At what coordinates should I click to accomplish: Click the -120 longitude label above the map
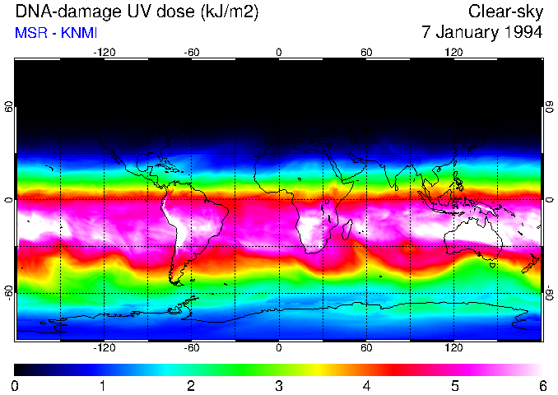click(104, 52)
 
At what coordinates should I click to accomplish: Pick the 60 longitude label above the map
click(366, 52)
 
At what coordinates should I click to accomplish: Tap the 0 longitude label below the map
click(279, 348)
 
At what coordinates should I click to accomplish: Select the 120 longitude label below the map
click(453, 348)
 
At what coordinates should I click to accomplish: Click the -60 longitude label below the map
click(192, 348)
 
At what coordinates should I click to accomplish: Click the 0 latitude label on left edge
click(9, 199)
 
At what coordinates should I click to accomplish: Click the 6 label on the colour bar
click(542, 386)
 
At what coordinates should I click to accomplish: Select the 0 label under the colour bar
click(16, 386)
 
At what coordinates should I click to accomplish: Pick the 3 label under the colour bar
click(279, 386)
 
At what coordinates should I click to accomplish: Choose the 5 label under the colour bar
click(454, 386)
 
